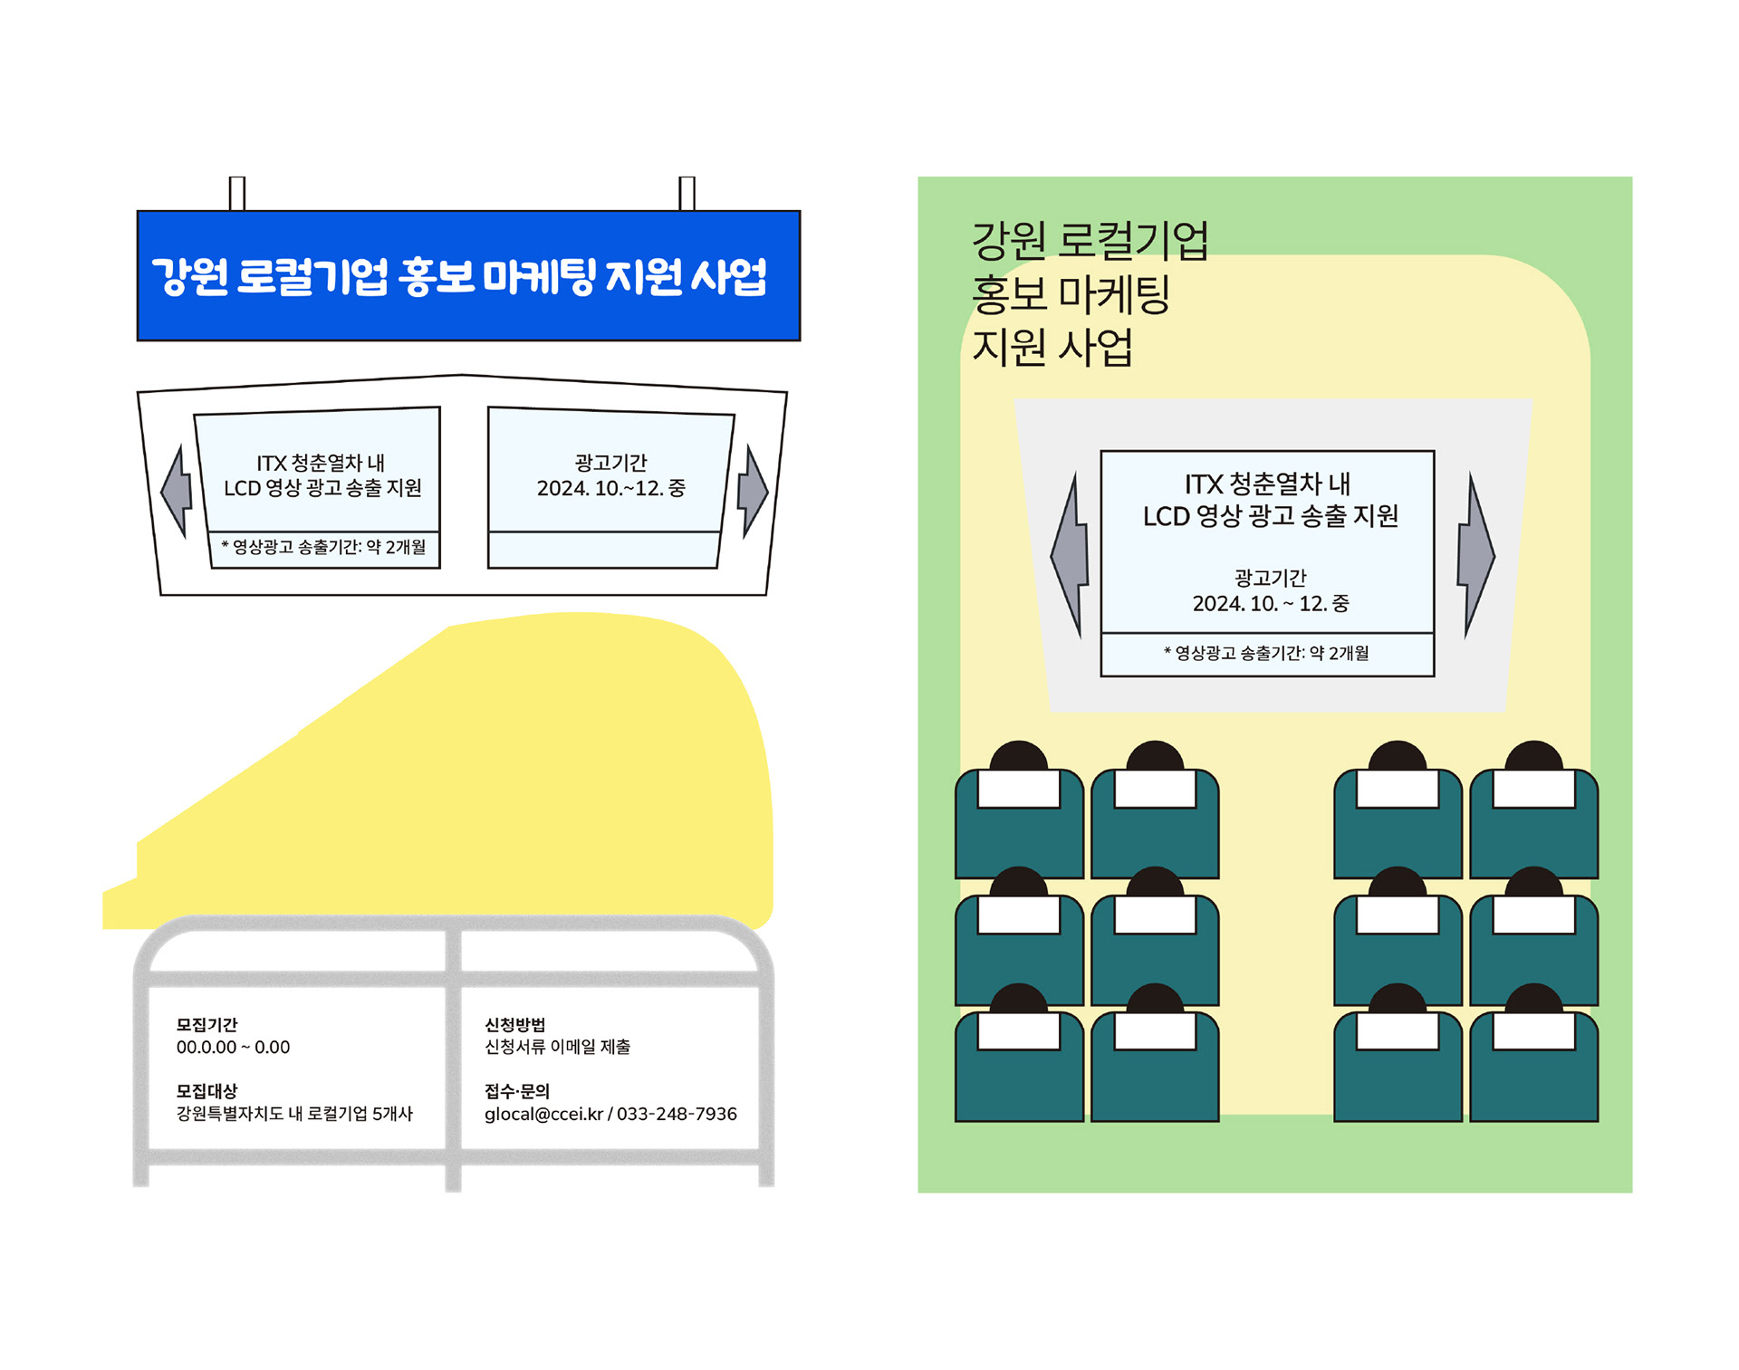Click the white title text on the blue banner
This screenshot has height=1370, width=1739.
point(459,276)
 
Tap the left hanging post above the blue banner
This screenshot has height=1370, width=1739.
point(237,193)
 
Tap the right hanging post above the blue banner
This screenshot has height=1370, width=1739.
point(687,193)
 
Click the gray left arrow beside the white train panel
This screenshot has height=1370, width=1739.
point(178,492)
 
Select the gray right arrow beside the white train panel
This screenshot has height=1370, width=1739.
point(752,492)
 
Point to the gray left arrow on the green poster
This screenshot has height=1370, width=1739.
point(1071,554)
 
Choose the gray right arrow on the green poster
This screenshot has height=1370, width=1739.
point(1475,554)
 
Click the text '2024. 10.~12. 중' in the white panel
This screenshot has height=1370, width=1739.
point(610,488)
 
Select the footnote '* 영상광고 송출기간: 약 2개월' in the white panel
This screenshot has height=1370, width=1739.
point(323,547)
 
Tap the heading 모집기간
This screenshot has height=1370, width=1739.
point(207,1024)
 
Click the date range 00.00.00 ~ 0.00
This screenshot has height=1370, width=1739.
point(233,1048)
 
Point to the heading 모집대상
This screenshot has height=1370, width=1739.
point(207,1091)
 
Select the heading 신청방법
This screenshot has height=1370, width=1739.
point(514,1024)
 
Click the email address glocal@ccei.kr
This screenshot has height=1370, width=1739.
point(543,1114)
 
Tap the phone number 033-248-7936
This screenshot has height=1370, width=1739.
point(677,1114)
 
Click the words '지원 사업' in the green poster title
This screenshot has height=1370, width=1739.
point(1052,347)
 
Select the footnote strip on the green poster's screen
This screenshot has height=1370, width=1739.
point(1266,654)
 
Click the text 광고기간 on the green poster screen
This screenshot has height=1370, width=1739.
point(1270,578)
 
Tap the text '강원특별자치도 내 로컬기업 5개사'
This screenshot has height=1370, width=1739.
point(294,1114)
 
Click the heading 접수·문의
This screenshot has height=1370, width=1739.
point(517,1091)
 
